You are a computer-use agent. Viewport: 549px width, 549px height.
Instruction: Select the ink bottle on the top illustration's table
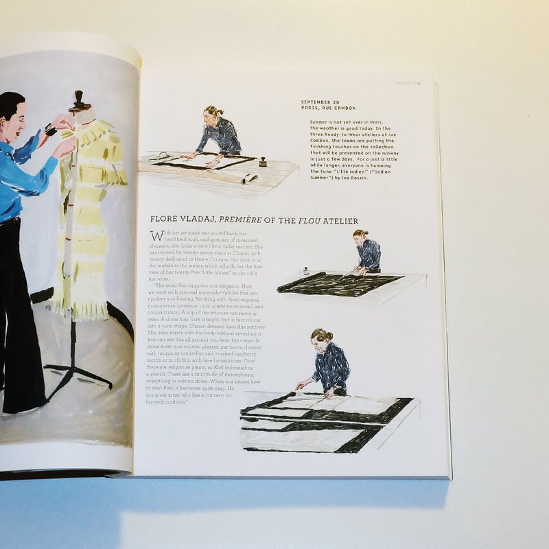tap(262, 162)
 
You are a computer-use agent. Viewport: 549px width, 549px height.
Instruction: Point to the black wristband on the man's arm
tap(51, 129)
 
